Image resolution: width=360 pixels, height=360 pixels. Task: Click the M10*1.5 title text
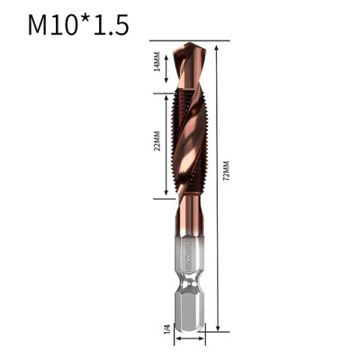click(x=77, y=25)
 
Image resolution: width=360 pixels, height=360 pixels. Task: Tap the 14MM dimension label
click(x=156, y=66)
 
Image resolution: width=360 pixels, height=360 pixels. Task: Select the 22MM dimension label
click(x=155, y=144)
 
